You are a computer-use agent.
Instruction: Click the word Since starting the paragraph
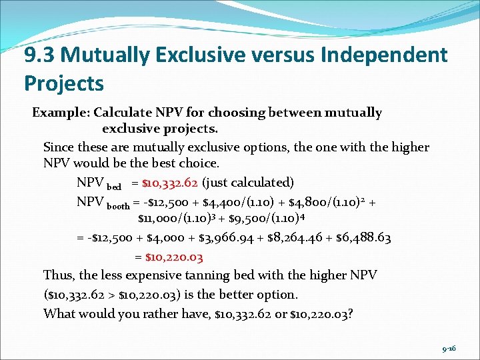click(x=59, y=147)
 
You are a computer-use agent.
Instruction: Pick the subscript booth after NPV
click(x=118, y=206)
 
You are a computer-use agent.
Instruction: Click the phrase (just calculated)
click(x=247, y=182)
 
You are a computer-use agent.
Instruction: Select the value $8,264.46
click(x=305, y=237)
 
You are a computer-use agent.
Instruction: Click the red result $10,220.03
click(x=169, y=256)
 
